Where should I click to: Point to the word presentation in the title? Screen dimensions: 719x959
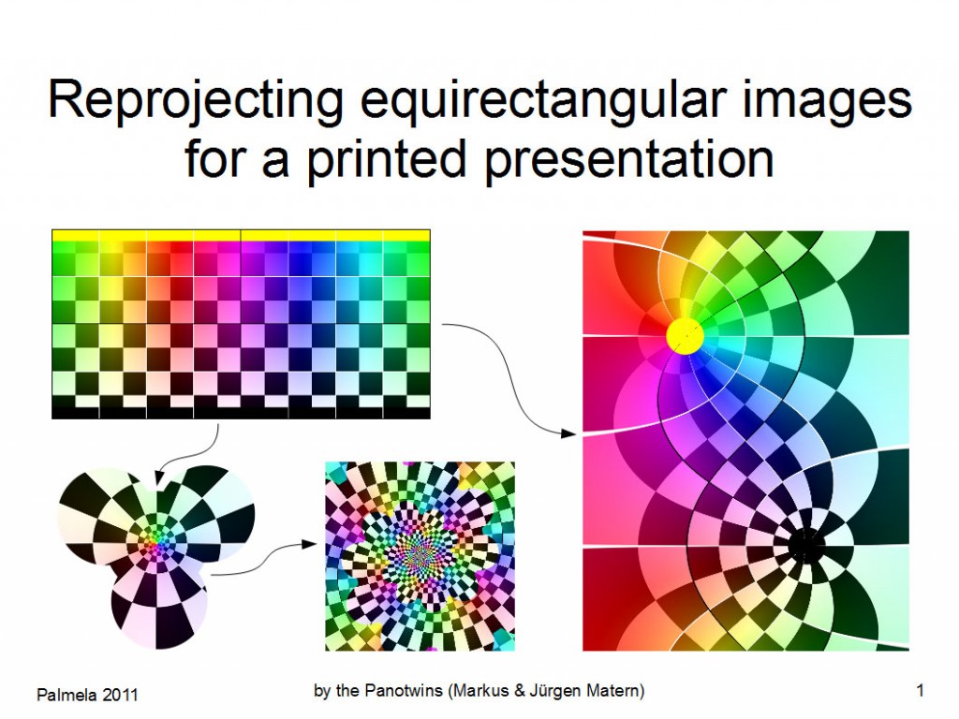pos(628,157)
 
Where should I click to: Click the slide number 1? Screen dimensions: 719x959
pos(921,691)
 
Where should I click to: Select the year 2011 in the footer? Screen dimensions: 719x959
pos(120,694)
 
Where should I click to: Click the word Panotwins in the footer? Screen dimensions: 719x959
pos(403,691)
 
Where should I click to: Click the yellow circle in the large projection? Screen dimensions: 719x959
pos(686,335)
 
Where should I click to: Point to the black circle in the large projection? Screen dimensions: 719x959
pos(804,544)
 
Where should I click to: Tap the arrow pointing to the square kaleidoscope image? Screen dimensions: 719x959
pos(262,559)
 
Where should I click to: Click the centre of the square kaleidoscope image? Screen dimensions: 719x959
pos(420,556)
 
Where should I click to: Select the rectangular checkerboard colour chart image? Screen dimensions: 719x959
pos(241,323)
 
